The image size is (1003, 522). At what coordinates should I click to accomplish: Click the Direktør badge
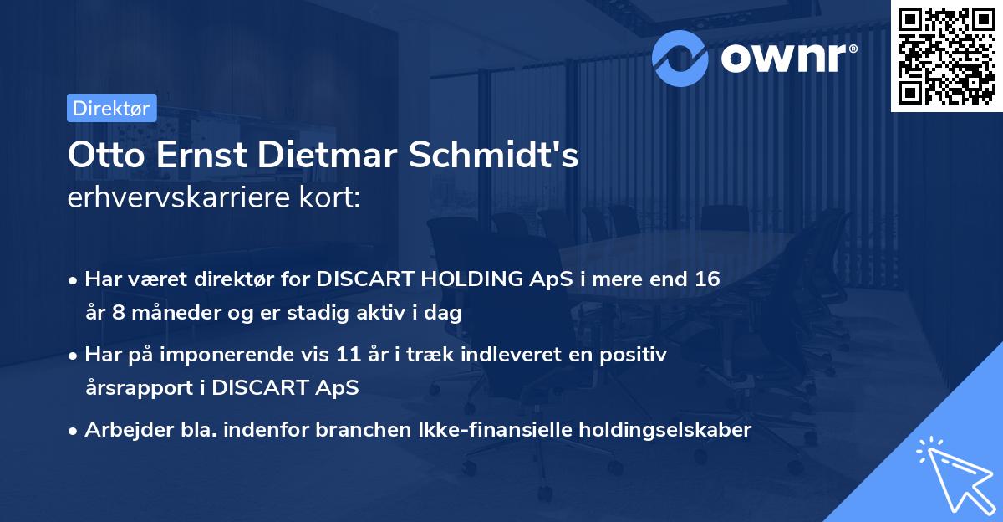point(111,108)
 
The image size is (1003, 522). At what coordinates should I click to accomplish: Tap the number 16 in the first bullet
point(701,279)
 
